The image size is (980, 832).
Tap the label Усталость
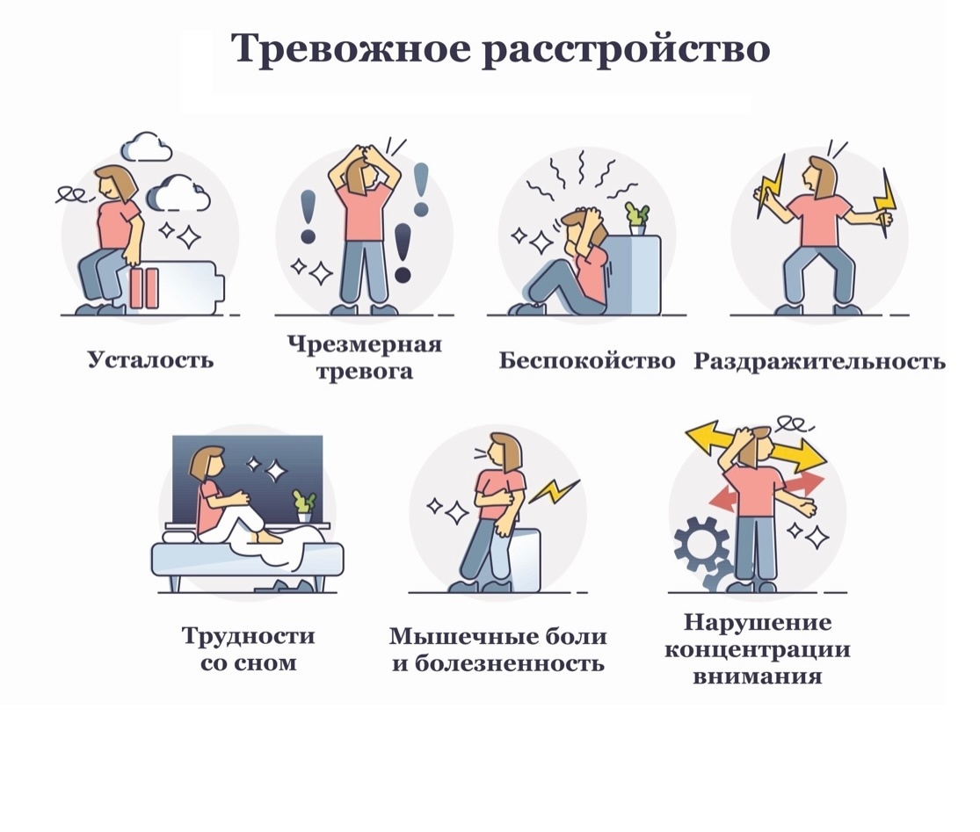tap(150, 359)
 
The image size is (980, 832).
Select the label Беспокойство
tap(586, 360)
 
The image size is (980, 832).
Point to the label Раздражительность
tap(819, 361)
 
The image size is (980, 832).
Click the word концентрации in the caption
tap(757, 650)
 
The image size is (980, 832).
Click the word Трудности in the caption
tap(248, 635)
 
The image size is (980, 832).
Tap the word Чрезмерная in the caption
tap(364, 344)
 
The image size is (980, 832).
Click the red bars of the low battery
tap(145, 288)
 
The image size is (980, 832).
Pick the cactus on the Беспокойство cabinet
tap(636, 215)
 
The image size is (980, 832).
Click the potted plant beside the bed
tap(304, 505)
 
